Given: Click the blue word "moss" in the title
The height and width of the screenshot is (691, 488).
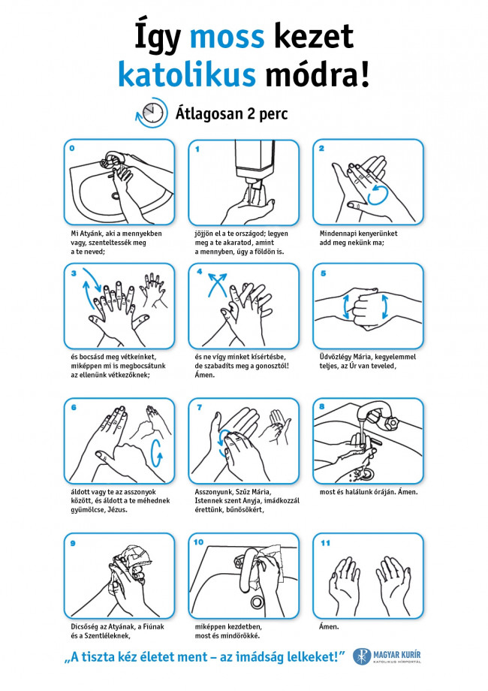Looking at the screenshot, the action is point(227,37).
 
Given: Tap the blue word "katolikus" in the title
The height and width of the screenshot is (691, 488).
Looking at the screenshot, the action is point(187,75).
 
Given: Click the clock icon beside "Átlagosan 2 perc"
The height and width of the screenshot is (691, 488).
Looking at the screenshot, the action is point(152,113).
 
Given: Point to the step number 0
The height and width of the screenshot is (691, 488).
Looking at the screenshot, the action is point(72,148).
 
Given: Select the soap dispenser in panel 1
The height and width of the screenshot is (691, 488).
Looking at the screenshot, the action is point(255,166).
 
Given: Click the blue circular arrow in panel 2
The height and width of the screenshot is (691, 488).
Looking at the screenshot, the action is point(378,195).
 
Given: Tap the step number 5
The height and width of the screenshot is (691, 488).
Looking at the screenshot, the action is point(324,273).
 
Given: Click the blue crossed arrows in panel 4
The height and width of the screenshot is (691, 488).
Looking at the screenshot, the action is point(217,284).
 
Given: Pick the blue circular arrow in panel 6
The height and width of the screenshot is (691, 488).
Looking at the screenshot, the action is point(156,453).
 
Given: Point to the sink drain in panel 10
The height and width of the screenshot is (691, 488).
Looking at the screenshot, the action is point(258,602).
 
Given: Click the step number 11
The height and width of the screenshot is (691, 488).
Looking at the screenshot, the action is point(325,543).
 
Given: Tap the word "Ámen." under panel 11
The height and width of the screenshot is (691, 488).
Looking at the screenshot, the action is point(329,626).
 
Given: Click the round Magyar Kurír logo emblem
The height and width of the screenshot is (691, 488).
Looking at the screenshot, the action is point(362,656).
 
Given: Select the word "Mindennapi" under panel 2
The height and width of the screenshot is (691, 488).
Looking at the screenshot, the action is point(337,234).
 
